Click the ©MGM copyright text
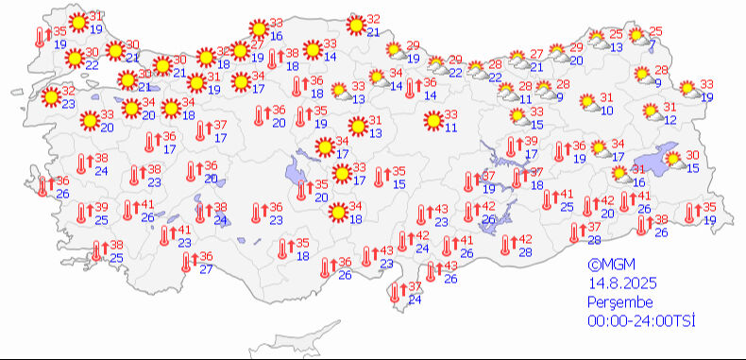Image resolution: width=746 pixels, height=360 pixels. pos(607,266)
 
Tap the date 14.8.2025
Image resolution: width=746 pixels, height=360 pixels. pos(622,283)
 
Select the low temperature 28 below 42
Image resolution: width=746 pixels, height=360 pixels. pos(525,253)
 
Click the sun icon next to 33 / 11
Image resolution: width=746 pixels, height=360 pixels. pos(434,120)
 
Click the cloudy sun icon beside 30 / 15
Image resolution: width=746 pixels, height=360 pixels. pos(674,161)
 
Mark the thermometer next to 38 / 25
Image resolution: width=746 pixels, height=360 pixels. pos(98,250)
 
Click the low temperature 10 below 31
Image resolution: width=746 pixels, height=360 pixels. pos(606,111)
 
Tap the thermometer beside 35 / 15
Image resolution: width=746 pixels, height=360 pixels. pos(381,177)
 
